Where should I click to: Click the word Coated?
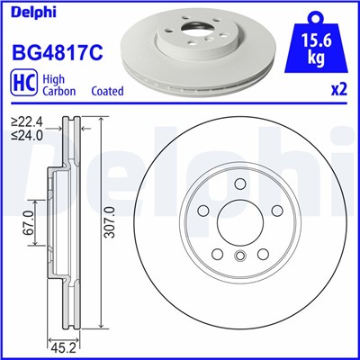[x=108, y=91]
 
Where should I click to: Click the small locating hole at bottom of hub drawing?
[x=239, y=259]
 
